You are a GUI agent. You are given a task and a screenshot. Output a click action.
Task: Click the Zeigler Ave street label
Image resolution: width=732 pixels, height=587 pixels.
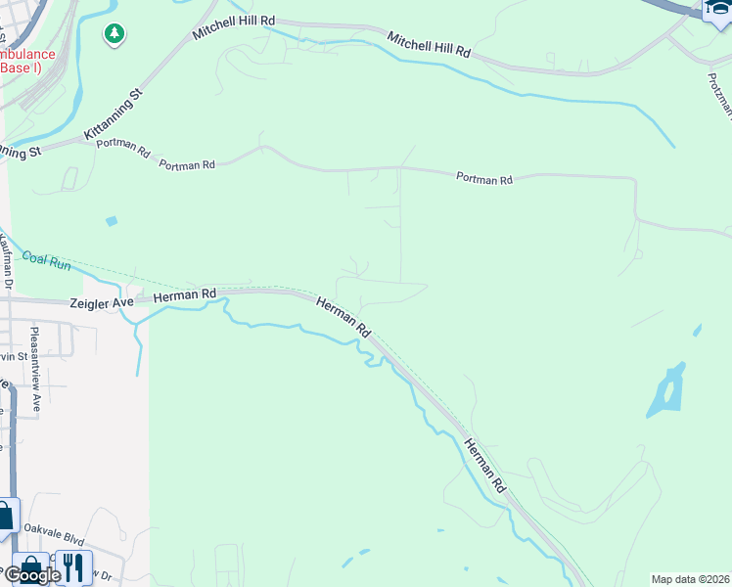pyautogui.click(x=101, y=303)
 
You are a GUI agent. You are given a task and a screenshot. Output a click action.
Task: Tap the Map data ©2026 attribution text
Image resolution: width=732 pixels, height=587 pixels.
pyautogui.click(x=691, y=578)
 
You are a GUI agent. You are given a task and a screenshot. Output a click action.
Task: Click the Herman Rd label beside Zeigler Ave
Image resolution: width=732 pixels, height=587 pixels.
pyautogui.click(x=184, y=294)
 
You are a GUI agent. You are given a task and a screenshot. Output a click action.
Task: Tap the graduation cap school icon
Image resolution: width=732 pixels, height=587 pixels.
pyautogui.click(x=717, y=10)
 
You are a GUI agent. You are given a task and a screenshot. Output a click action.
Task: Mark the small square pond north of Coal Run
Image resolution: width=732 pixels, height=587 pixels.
pyautogui.click(x=111, y=221)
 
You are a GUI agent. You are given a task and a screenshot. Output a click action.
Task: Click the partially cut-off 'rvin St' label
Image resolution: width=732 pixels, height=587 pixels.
pyautogui.click(x=14, y=356)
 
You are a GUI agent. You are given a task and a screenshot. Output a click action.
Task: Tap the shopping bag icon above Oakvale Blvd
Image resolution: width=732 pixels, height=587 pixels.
pyautogui.click(x=7, y=516)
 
